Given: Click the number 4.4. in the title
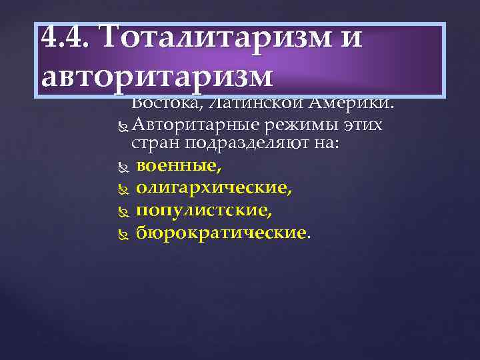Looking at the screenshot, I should tap(65, 38).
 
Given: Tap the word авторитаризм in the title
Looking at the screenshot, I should tap(157, 77).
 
